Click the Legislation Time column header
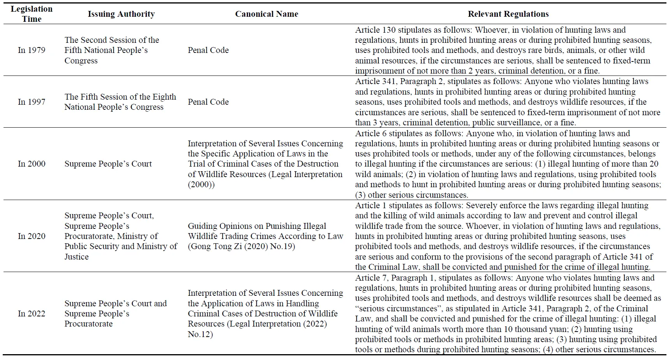point(32,14)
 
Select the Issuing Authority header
point(121,14)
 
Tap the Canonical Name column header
point(267,14)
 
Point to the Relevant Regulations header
point(508,14)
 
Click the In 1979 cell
point(32,50)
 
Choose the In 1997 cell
point(32,102)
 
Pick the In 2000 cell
point(32,164)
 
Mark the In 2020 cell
point(32,236)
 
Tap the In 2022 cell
point(32,314)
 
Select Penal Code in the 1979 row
point(208,50)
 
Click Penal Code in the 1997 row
point(208,102)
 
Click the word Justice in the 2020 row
point(77,257)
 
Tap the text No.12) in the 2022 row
point(200,334)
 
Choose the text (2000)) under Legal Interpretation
point(201,184)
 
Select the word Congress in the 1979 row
point(81,61)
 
